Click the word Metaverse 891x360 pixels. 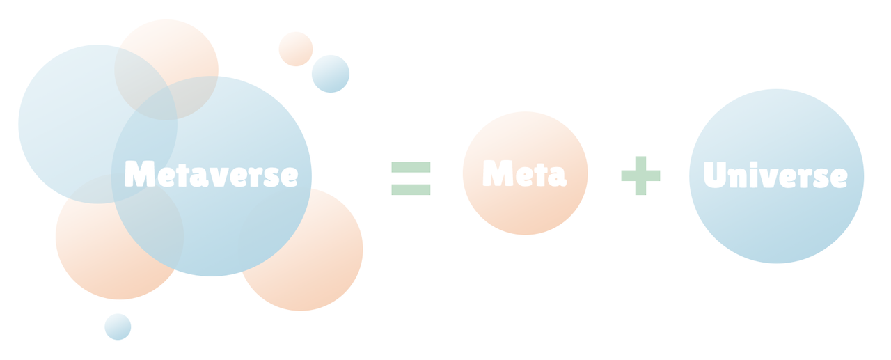211,174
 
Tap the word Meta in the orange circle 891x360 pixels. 524,173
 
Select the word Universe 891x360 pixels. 775,175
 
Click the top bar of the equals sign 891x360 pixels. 411,167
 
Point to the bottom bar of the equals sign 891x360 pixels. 411,189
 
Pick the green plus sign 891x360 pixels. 640,175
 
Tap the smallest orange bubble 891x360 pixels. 295,49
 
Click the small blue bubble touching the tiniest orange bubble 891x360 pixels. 331,75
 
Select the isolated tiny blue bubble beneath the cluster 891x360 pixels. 118,327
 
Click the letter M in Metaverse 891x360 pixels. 139,174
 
